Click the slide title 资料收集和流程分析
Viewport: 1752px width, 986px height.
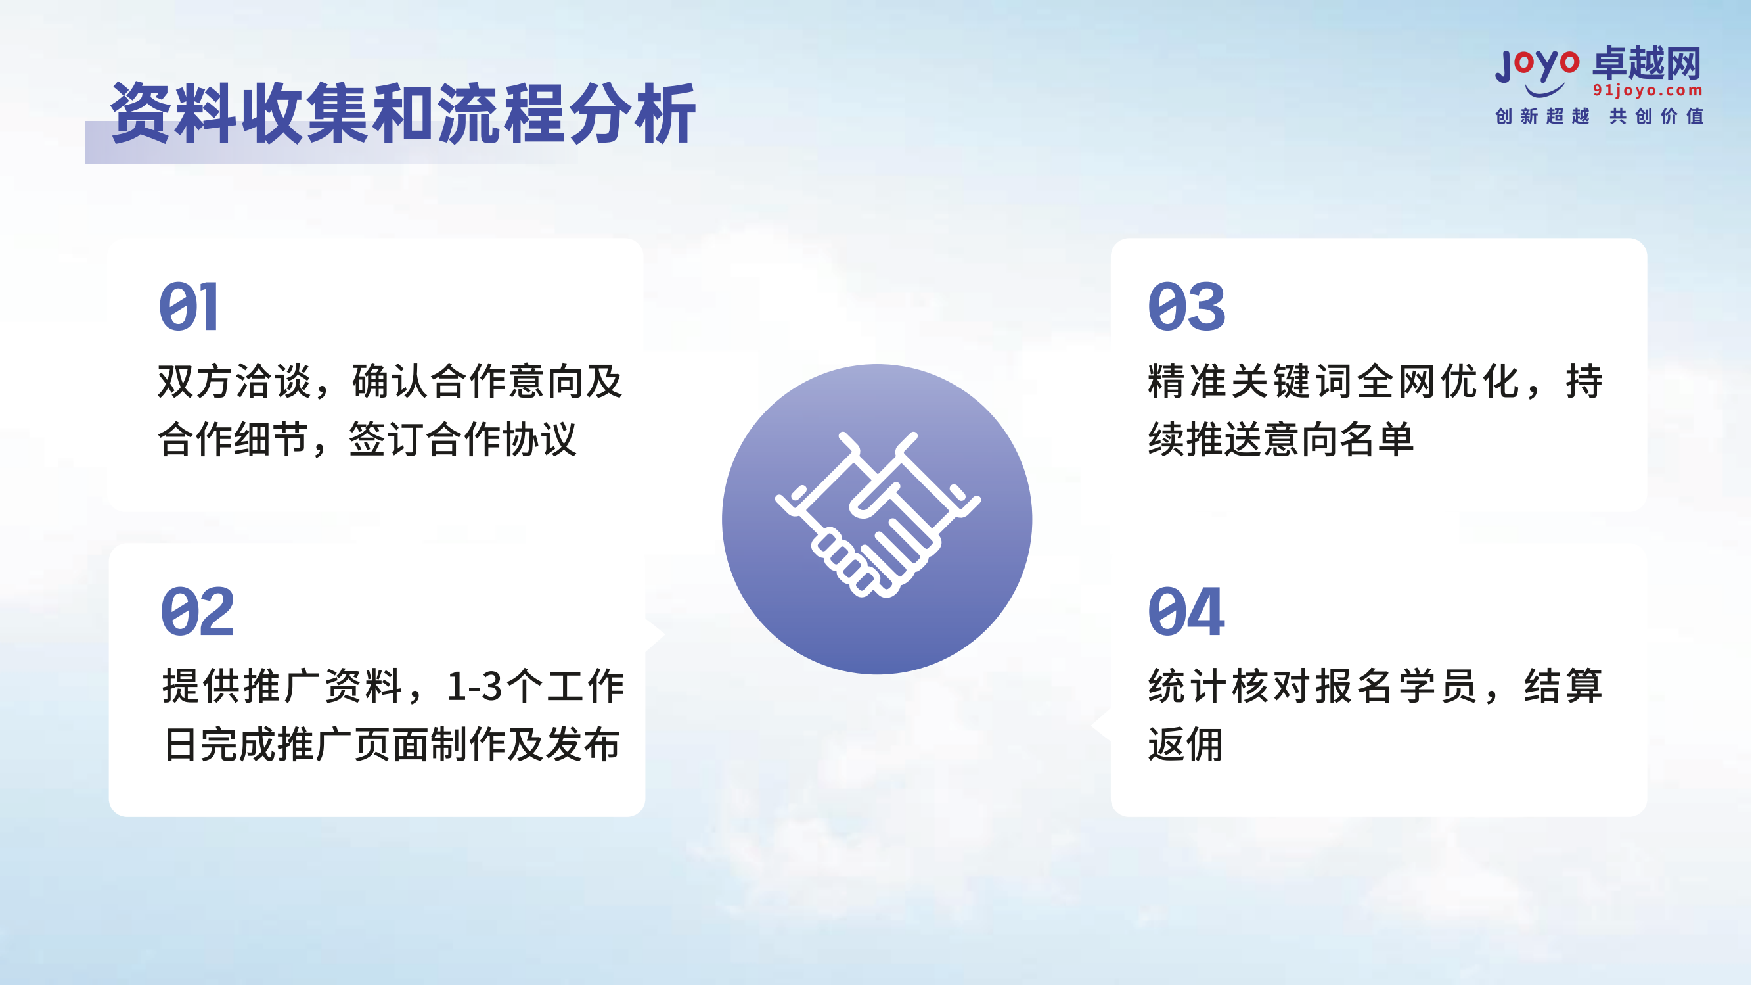pyautogui.click(x=403, y=114)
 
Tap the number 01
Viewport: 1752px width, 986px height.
pyautogui.click(x=189, y=308)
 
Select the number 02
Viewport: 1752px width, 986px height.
pyautogui.click(x=197, y=613)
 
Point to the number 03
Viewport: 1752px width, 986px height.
pyautogui.click(x=1186, y=308)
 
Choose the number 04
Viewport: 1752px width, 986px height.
pyautogui.click(x=1186, y=613)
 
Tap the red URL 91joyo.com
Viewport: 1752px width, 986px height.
pyautogui.click(x=1648, y=91)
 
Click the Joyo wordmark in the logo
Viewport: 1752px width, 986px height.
pyautogui.click(x=1537, y=66)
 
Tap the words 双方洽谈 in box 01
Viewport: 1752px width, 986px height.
pyautogui.click(x=234, y=382)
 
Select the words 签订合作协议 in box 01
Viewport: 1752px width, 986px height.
pyautogui.click(x=462, y=440)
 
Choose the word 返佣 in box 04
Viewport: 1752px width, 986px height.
pyautogui.click(x=1186, y=745)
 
